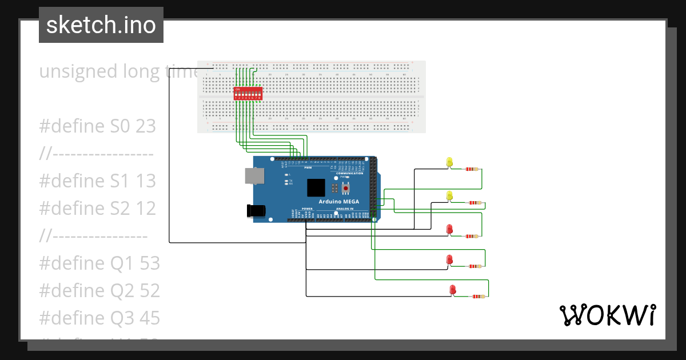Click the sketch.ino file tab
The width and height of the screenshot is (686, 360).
tap(101, 25)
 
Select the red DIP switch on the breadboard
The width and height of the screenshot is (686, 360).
tap(248, 94)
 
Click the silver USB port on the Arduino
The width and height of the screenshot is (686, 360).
tap(254, 176)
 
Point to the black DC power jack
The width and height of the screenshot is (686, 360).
tap(256, 210)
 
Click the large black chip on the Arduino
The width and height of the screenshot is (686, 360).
tap(316, 188)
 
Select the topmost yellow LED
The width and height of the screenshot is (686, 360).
tap(449, 162)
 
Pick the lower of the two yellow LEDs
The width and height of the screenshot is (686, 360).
tap(449, 196)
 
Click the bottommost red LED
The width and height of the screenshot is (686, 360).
tap(453, 290)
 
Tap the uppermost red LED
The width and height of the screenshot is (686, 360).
tap(449, 229)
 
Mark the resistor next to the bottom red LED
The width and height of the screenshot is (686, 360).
tap(478, 297)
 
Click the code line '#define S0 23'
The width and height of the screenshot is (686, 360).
tap(97, 126)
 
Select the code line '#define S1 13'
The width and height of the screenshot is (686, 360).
tap(97, 181)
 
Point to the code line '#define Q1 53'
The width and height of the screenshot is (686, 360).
tap(99, 263)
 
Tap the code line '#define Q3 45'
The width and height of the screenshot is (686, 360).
tap(99, 318)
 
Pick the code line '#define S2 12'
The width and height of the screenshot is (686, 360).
tap(97, 209)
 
